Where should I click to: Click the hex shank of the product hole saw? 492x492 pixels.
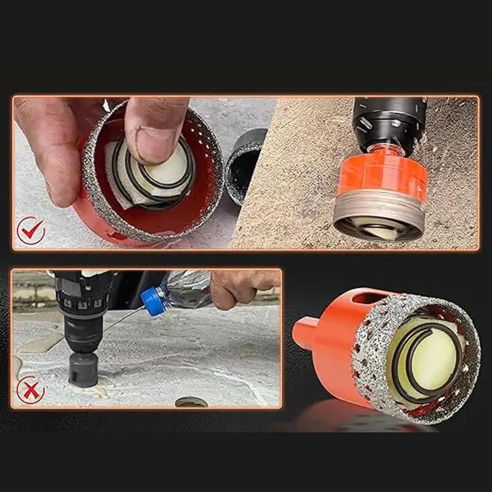click(306, 332)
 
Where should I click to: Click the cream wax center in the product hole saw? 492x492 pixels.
click(430, 360)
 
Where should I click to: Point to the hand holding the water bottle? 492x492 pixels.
click(243, 286)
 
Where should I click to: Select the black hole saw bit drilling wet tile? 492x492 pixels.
click(83, 369)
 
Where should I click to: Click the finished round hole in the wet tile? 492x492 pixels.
click(191, 402)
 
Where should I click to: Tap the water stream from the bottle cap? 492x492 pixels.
click(123, 320)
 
